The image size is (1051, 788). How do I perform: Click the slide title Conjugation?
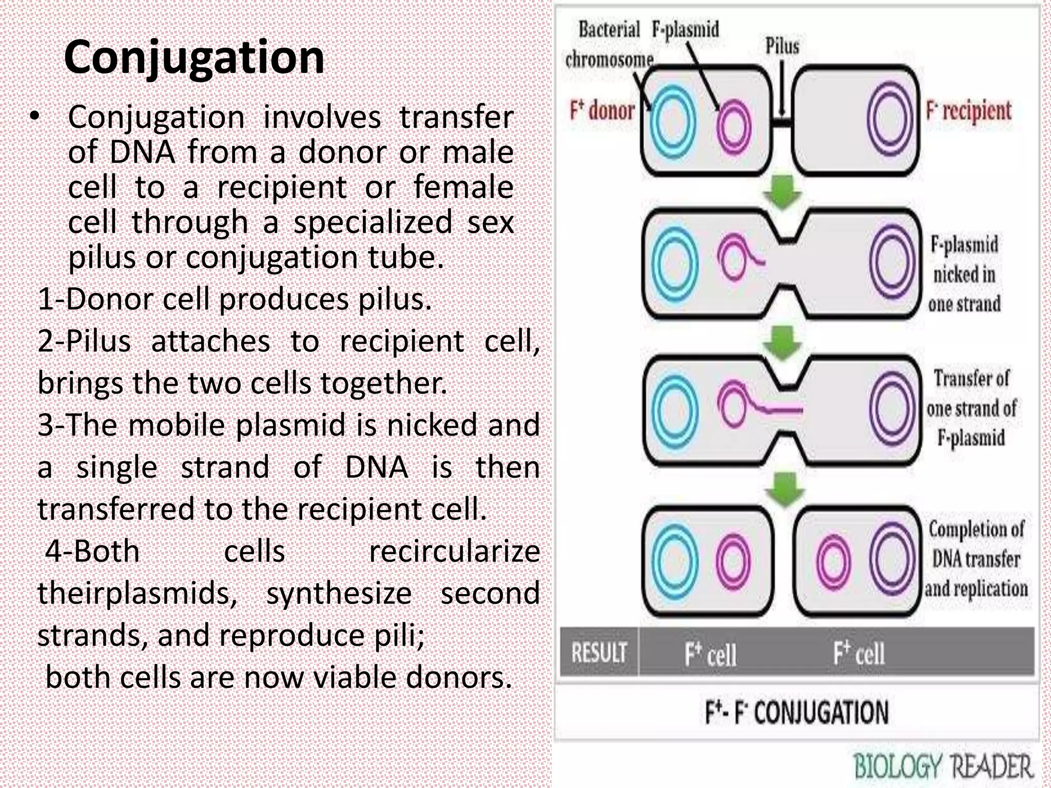[x=194, y=57]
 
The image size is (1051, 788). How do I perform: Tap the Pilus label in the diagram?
[x=782, y=46]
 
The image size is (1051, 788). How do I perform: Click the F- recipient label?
[x=968, y=111]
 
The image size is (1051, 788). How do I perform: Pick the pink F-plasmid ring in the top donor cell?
[x=734, y=127]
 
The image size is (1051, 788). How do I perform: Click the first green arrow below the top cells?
[x=782, y=192]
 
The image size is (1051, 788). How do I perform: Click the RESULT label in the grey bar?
[x=598, y=653]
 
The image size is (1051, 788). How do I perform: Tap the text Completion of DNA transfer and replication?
[x=976, y=559]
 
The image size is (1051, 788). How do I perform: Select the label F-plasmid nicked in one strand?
[x=964, y=274]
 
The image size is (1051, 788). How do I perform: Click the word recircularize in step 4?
[x=454, y=551]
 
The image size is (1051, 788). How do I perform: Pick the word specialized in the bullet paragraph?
[x=373, y=222]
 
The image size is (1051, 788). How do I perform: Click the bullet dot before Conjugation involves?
[x=34, y=117]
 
